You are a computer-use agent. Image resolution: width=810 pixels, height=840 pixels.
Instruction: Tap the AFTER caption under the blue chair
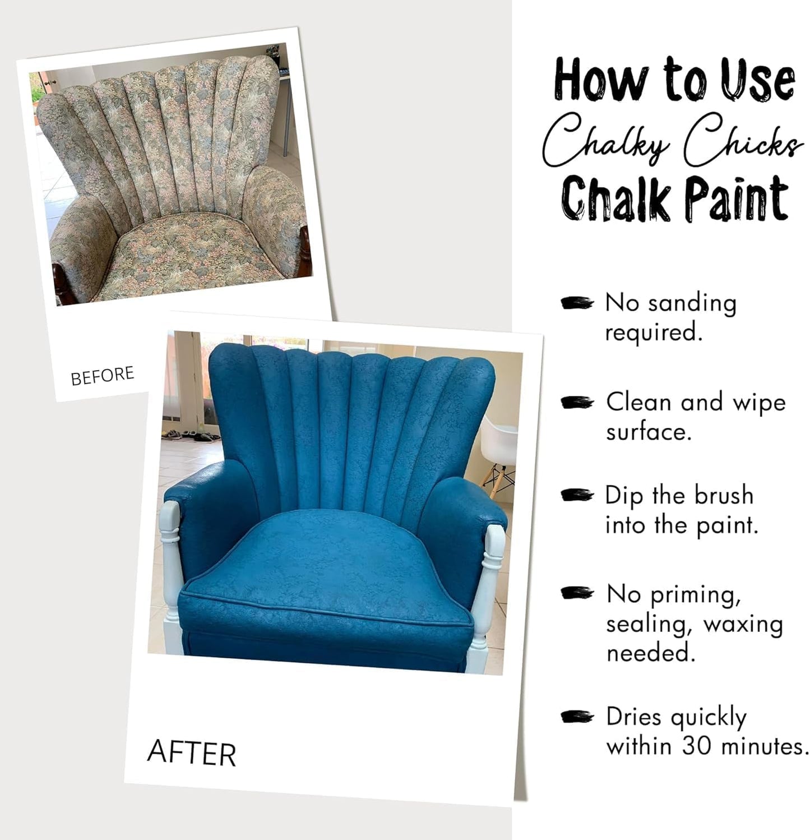[191, 753]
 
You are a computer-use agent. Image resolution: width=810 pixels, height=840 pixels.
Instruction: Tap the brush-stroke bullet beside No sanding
[576, 303]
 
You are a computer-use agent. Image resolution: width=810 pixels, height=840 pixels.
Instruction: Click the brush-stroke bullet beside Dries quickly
[576, 717]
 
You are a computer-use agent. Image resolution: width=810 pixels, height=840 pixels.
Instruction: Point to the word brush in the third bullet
[724, 496]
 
